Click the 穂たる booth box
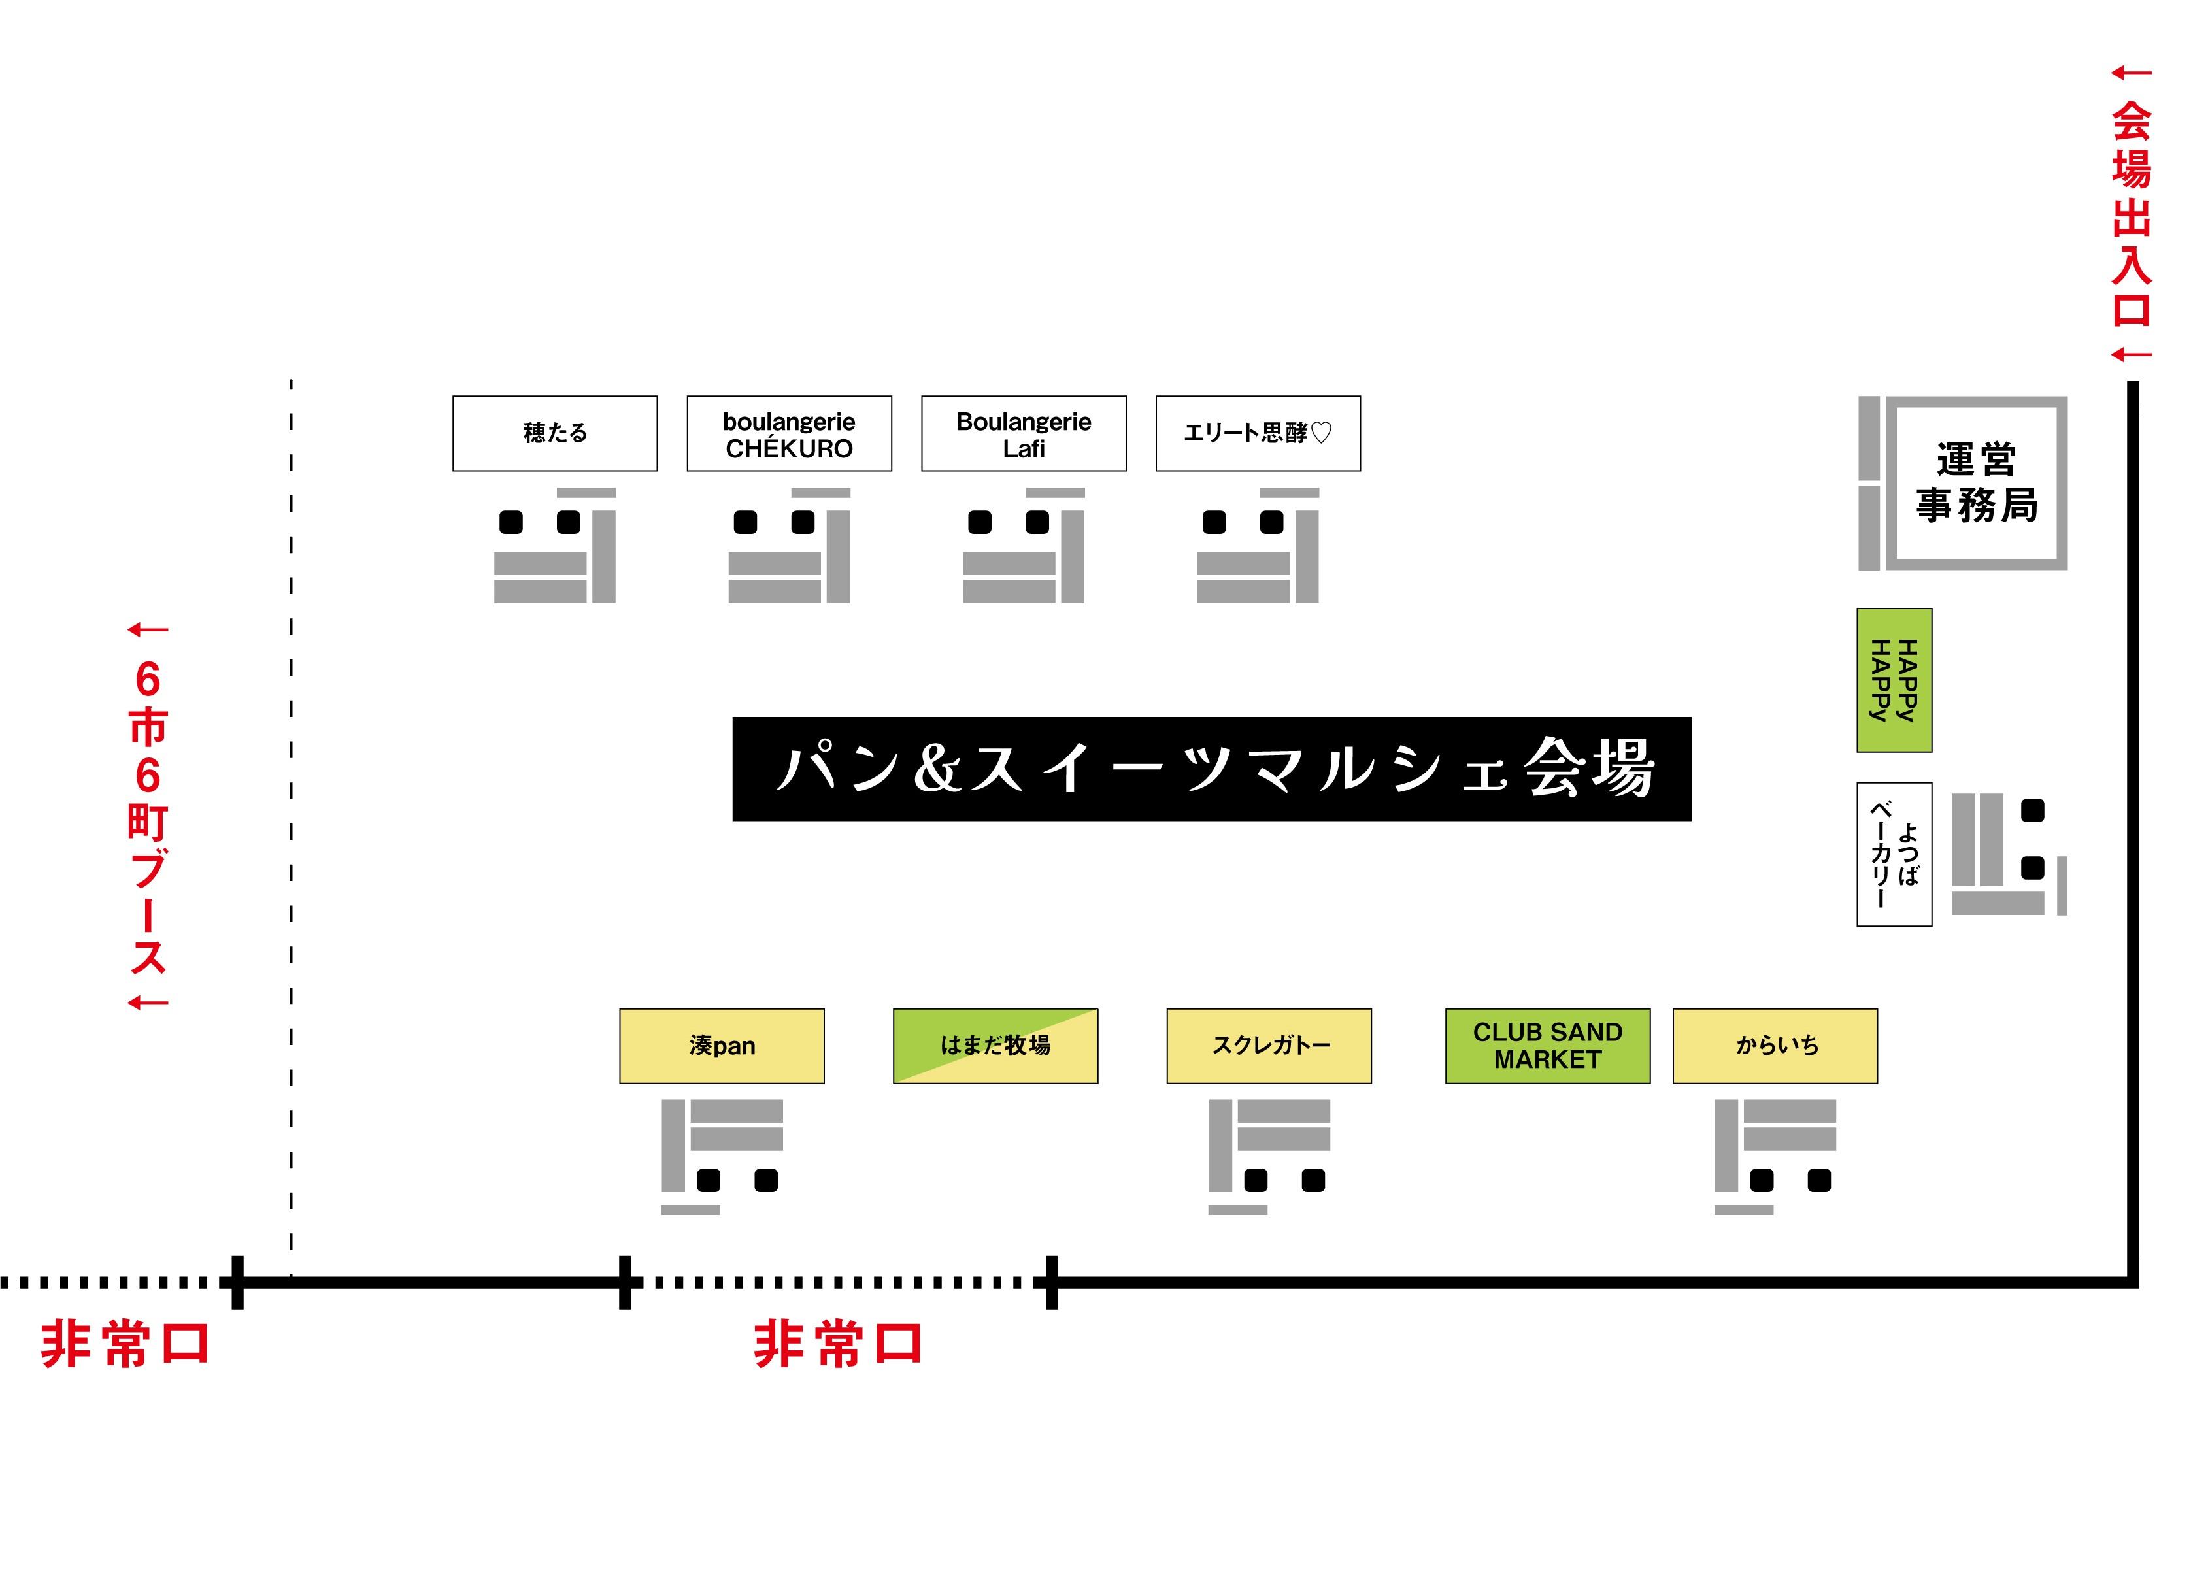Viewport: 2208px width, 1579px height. (554, 434)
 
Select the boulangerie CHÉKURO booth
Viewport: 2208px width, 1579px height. (788, 434)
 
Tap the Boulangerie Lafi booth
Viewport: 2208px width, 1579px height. (1023, 434)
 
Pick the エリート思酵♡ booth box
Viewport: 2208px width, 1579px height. (1257, 434)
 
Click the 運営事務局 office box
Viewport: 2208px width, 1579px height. (1975, 482)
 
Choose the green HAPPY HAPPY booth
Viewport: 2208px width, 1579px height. (1893, 680)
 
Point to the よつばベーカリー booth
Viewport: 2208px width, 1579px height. (1893, 854)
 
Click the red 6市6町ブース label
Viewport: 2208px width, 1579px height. (148, 817)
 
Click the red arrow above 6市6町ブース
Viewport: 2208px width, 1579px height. (148, 630)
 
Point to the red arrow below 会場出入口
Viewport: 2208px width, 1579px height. (2131, 355)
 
